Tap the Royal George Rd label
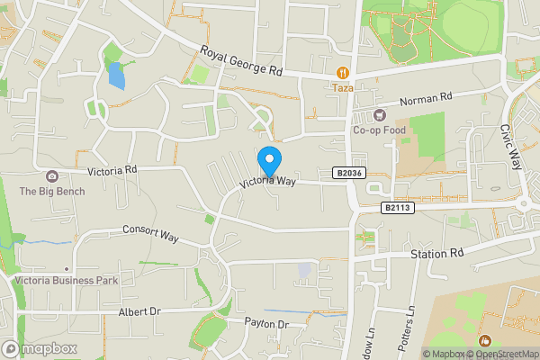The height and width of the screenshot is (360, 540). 241,62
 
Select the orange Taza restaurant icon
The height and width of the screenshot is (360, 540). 342,72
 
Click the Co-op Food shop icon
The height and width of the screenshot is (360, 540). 379,115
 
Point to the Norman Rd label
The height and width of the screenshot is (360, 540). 425,99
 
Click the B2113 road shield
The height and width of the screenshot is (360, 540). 396,208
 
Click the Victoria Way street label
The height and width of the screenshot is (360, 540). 267,181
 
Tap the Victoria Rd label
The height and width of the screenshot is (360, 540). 112,170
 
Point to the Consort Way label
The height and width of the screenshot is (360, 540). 150,233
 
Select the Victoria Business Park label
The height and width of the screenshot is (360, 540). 67,280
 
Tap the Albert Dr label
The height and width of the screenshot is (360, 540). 139,311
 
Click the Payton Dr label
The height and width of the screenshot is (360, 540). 265,324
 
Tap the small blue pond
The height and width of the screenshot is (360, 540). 116,76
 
